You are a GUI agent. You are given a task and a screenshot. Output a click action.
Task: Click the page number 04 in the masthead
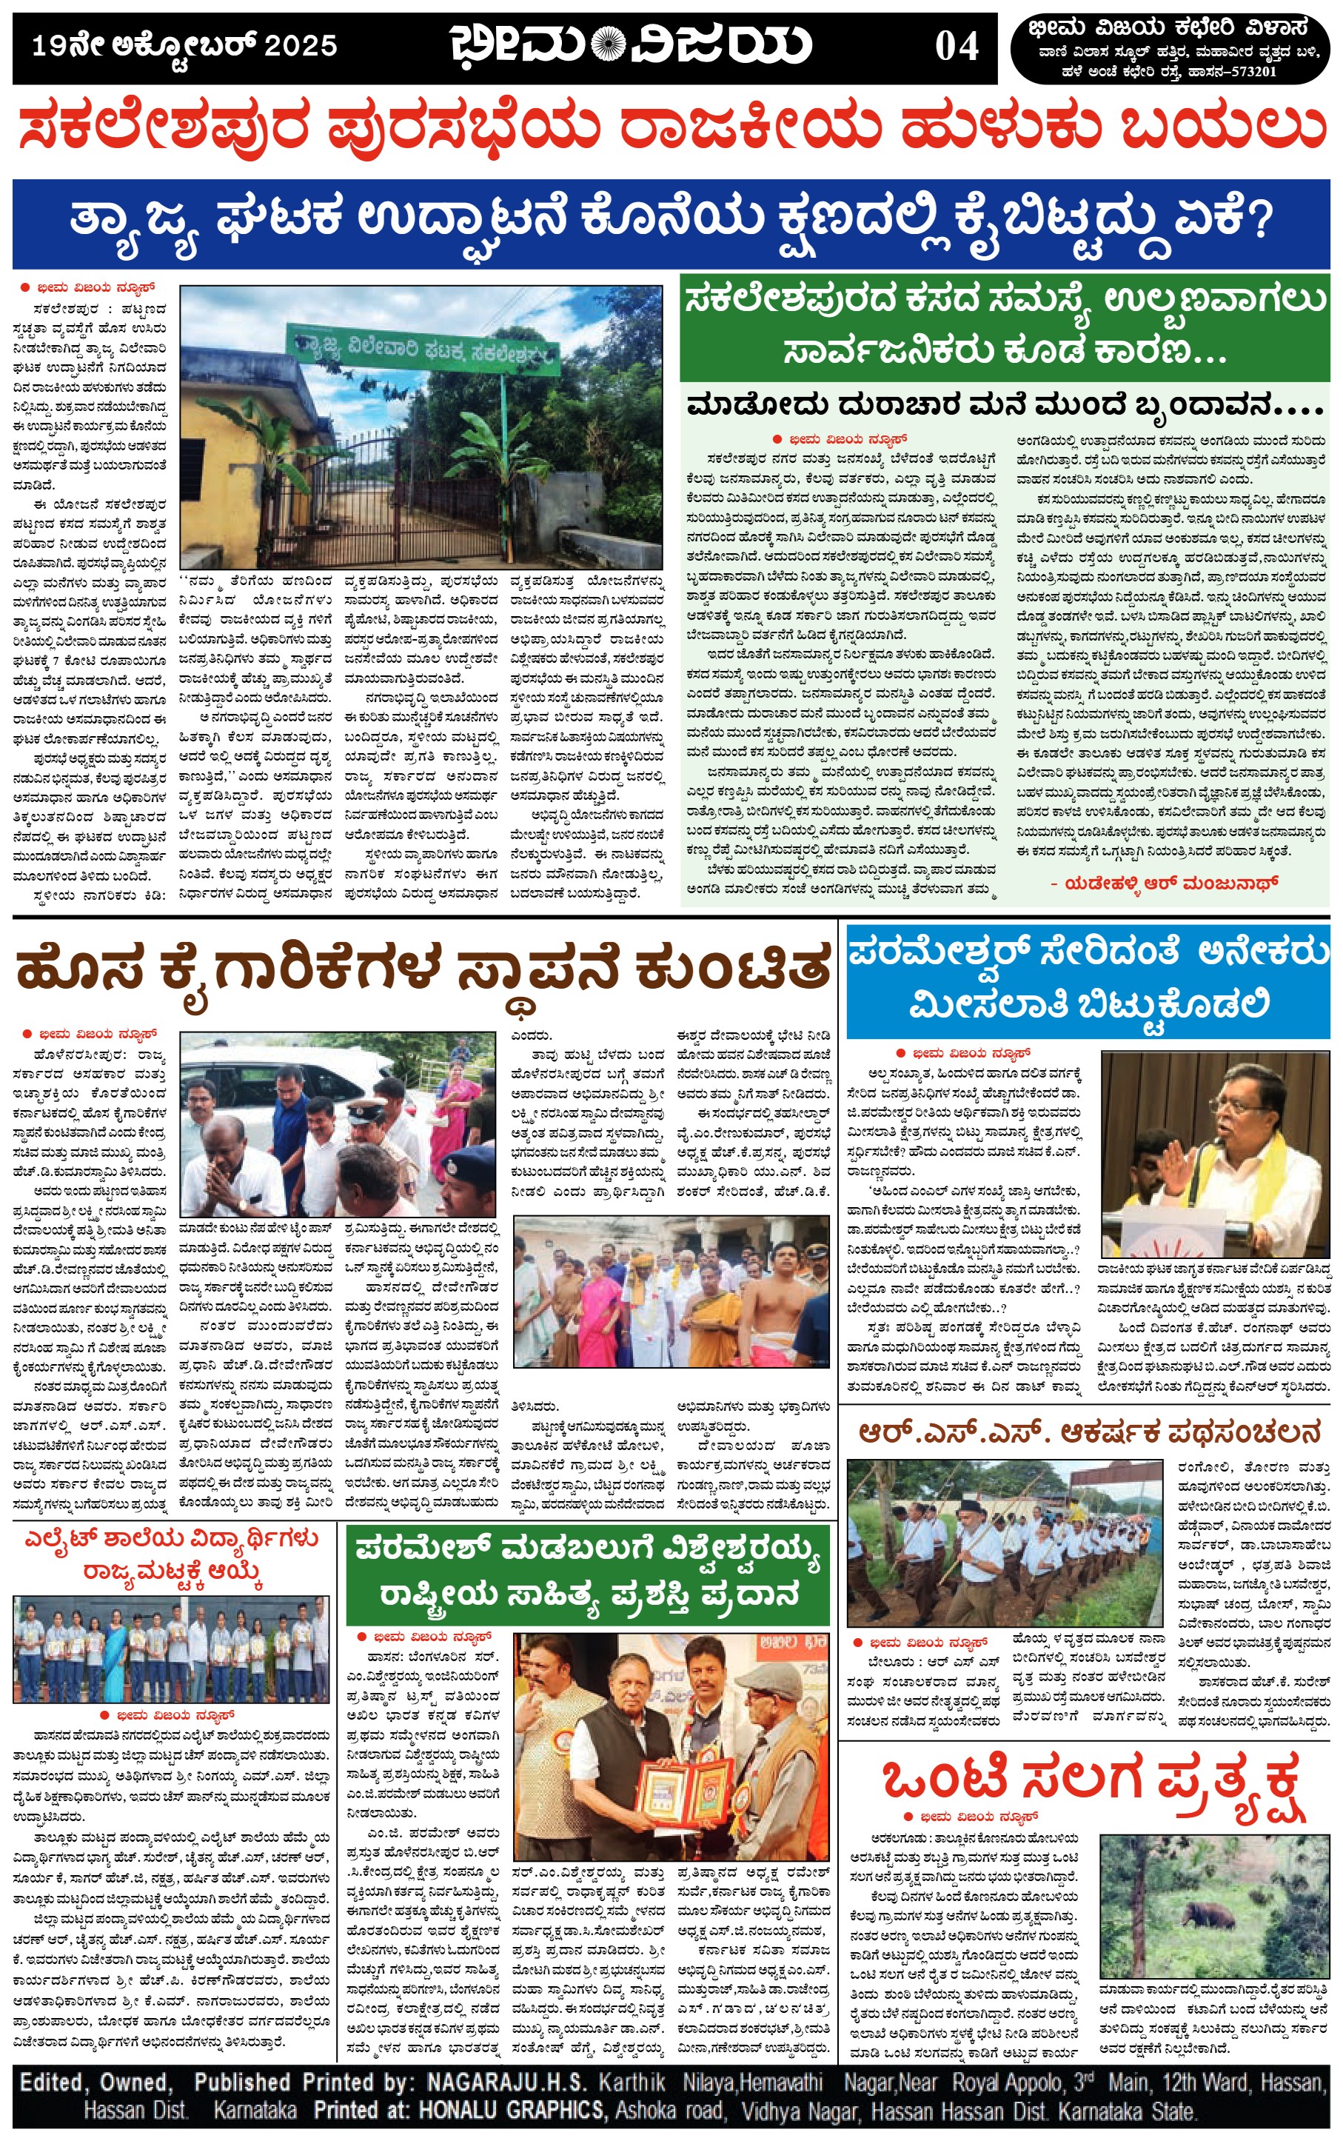[x=956, y=46]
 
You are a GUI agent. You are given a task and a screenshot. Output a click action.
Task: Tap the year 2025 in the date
[x=301, y=46]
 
